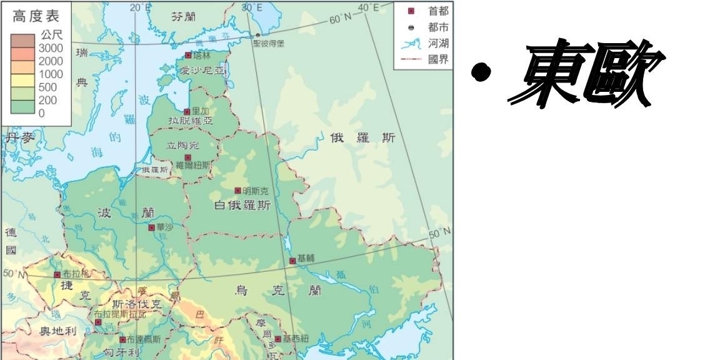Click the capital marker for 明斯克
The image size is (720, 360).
237,191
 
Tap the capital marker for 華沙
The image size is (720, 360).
151,227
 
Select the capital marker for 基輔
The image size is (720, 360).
292,260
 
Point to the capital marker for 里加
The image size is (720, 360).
187,111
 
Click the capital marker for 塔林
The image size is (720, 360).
188,55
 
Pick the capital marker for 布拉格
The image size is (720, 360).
57,274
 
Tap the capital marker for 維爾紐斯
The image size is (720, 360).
187,157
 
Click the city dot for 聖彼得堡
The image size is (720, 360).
257,35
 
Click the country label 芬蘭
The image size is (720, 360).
184,17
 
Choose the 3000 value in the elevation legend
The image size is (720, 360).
51,48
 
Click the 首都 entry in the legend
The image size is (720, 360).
438,11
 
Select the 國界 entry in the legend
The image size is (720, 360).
438,59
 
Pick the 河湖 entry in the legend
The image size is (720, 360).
438,44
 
